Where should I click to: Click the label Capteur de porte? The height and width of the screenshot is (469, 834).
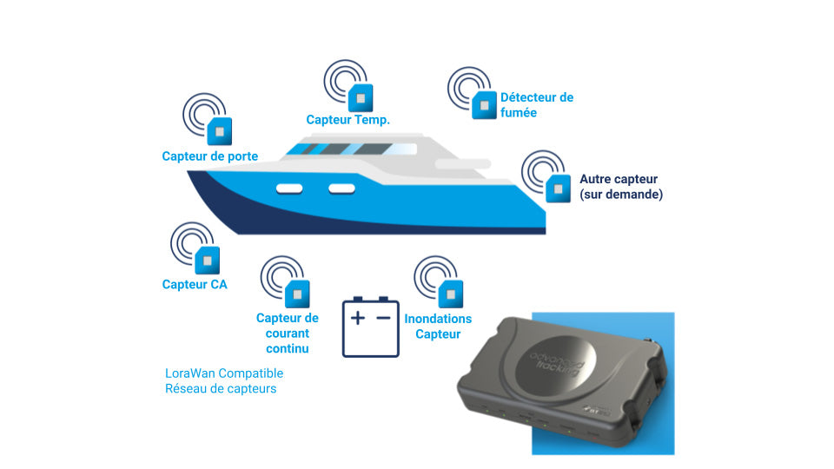[x=210, y=156]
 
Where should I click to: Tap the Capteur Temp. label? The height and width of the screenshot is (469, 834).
[x=347, y=120]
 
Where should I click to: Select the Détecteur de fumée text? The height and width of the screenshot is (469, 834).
[x=537, y=105]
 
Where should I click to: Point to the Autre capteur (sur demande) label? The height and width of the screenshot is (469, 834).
[x=621, y=187]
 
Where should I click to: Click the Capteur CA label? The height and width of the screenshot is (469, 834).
[x=195, y=285]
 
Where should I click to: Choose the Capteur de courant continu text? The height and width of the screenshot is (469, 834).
[x=288, y=334]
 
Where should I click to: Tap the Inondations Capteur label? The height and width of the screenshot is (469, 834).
[x=438, y=327]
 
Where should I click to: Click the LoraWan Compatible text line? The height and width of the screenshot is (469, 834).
[x=224, y=373]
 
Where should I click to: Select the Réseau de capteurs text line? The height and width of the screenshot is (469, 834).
[x=221, y=389]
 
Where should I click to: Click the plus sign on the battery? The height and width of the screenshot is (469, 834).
[x=358, y=318]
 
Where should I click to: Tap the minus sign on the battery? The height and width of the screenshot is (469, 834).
[x=383, y=318]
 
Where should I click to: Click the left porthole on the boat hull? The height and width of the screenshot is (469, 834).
[x=289, y=188]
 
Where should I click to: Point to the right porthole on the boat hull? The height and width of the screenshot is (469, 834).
[x=341, y=188]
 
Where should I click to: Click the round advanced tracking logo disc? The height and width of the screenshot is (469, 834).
[x=556, y=364]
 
